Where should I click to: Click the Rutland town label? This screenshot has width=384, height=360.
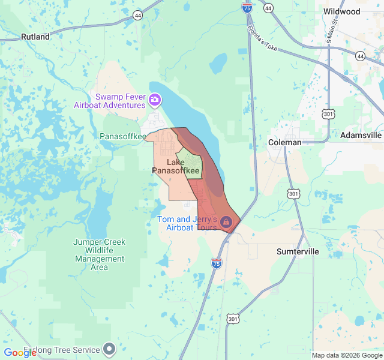tap(35, 37)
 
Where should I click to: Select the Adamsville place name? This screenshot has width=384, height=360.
tap(361, 135)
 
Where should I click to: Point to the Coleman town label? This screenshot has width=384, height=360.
tap(284, 142)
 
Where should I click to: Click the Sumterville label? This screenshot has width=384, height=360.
tap(298, 251)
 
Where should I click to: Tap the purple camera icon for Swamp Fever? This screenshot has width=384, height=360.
tap(155, 99)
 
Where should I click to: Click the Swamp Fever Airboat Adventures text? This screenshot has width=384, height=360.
tap(110, 101)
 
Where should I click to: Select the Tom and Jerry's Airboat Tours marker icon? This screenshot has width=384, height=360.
tap(226, 222)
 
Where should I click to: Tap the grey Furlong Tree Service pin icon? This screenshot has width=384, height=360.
tap(109, 348)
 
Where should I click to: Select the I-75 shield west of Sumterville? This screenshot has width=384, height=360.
tap(217, 263)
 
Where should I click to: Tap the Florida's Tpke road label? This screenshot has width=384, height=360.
tap(262, 37)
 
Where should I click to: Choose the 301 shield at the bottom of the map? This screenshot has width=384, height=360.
tap(233, 319)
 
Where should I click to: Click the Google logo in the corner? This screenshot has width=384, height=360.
tap(20, 353)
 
